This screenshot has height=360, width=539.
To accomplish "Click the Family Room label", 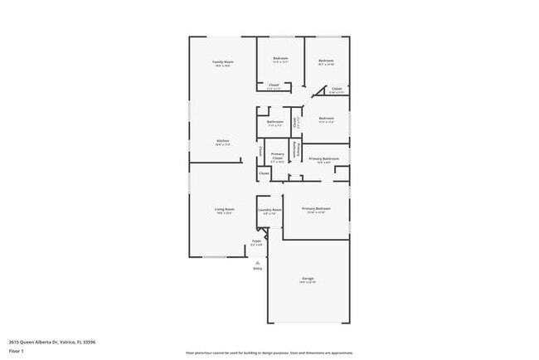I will tap(222, 62).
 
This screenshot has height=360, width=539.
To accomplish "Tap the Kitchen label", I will tap(223, 141).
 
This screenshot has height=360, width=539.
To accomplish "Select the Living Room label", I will tap(225, 209).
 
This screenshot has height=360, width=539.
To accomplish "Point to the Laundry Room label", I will tap(270, 210).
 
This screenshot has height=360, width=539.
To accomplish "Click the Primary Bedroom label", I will tap(316, 208).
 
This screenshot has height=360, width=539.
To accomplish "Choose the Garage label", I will tap(308, 278).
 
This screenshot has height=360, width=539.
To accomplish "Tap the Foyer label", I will tap(257, 241).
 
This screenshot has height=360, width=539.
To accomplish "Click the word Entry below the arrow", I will tap(257, 269).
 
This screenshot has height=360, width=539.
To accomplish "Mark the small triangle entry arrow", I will tap(257, 261).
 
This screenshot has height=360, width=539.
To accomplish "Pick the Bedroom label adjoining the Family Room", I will tap(280, 58).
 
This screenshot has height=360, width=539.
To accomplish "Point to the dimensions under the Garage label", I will tap(308, 283).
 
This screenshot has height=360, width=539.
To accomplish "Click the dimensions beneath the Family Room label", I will tap(222, 66).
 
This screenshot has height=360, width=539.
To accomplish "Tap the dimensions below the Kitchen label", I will tap(223, 145).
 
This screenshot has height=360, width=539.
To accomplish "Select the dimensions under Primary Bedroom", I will tap(316, 212).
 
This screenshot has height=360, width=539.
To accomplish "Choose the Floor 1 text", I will tap(17, 351).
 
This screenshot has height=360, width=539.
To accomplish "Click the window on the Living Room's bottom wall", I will tap(214, 257).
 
